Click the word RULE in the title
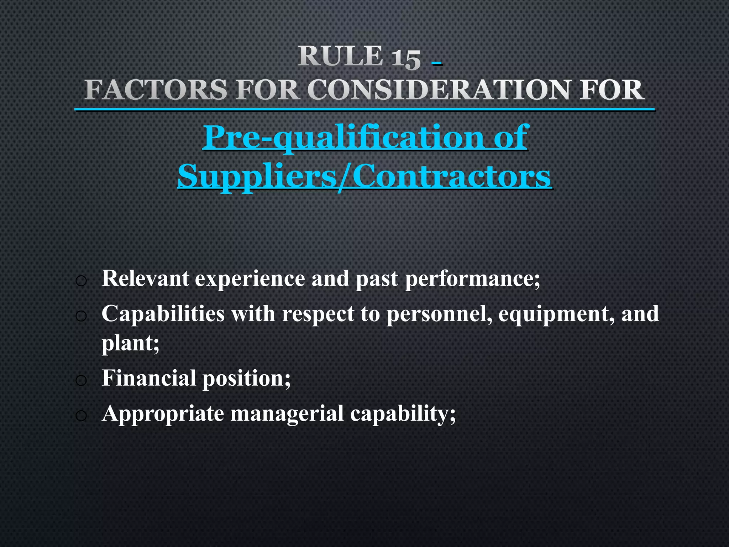pyautogui.click(x=340, y=56)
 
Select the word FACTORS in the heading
pyautogui.click(x=156, y=90)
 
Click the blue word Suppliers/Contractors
pyautogui.click(x=364, y=176)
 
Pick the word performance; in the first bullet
pyautogui.click(x=472, y=278)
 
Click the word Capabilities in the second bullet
pyautogui.click(x=163, y=314)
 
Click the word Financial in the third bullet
pyautogui.click(x=149, y=378)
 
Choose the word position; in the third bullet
pyautogui.click(x=247, y=378)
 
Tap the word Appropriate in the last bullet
pyautogui.click(x=163, y=413)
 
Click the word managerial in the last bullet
pyautogui.click(x=287, y=413)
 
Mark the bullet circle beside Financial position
pyautogui.click(x=81, y=381)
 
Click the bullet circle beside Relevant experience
pyautogui.click(x=81, y=281)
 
